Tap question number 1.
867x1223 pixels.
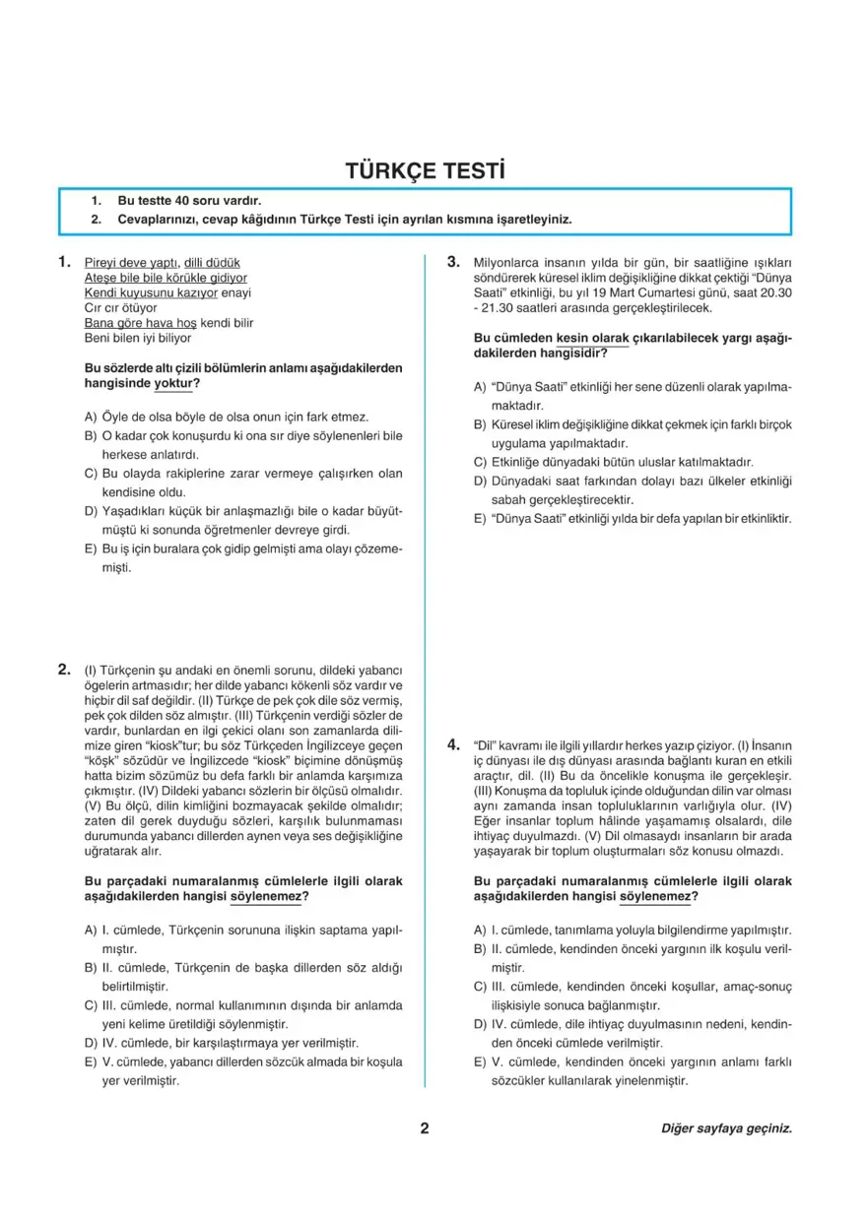pyautogui.click(x=64, y=262)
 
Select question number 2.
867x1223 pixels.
pyautogui.click(x=64, y=670)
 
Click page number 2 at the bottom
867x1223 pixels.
pyautogui.click(x=425, y=1128)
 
